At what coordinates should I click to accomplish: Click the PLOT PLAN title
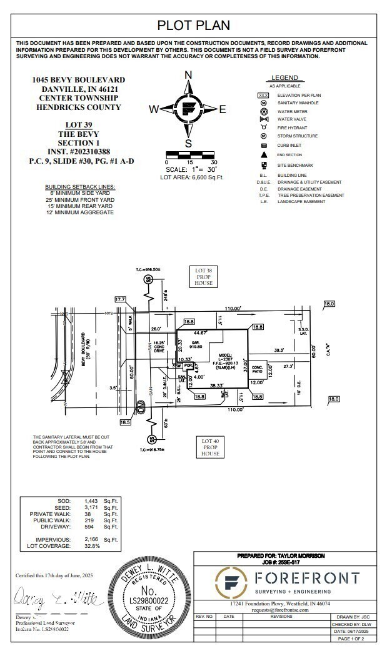click(193, 25)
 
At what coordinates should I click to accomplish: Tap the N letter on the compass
click(188, 75)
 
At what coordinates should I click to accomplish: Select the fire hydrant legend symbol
click(263, 127)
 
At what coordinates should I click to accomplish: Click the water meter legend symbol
click(263, 111)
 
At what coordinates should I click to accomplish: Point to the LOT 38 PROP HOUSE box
click(203, 276)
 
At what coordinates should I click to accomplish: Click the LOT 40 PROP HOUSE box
click(210, 447)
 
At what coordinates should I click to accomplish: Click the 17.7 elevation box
click(120, 300)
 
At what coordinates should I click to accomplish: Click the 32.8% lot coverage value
click(93, 545)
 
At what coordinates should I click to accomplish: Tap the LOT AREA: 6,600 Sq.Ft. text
click(192, 177)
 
